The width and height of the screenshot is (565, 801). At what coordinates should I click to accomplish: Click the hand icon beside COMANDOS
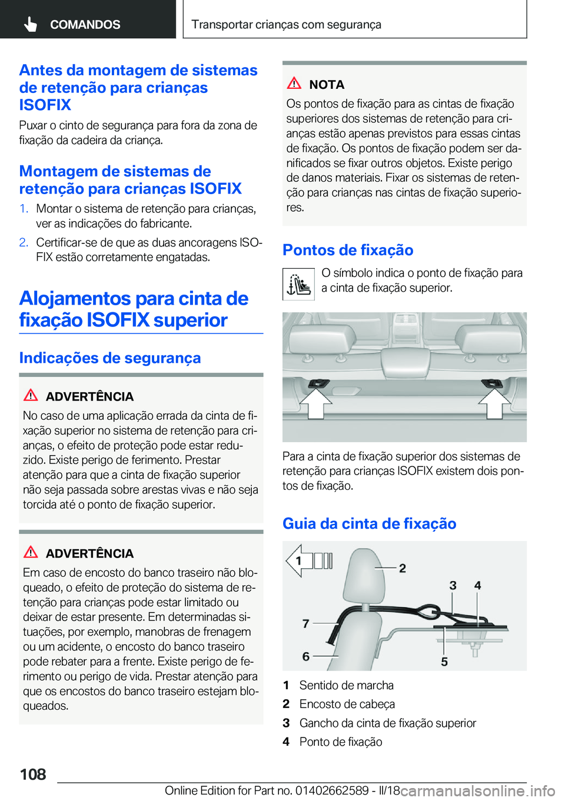point(31,24)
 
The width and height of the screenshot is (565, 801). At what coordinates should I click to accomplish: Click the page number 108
point(33,774)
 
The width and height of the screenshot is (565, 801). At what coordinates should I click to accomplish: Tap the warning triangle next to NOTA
point(294,84)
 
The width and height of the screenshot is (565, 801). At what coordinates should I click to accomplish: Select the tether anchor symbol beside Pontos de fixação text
point(298,285)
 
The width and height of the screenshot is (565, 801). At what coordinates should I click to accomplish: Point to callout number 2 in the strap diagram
point(403,568)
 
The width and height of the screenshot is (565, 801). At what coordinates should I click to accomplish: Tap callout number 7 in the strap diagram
point(305,623)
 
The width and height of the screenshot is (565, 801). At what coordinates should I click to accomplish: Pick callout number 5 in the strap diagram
point(444,662)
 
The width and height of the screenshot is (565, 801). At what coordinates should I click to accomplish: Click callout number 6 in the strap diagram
point(305,656)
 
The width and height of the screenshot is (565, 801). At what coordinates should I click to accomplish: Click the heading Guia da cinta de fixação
point(369,523)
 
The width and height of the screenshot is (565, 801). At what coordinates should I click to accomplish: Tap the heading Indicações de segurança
point(110,358)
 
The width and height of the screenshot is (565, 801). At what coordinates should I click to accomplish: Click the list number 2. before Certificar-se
point(24,242)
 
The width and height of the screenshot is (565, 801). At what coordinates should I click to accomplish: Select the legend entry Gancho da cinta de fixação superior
point(387,723)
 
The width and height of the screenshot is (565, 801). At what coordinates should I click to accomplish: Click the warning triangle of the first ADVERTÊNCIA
point(31,395)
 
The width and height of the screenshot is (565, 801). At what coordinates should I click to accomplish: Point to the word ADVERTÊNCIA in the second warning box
point(89,553)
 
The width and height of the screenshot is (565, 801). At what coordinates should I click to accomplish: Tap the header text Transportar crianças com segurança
point(286,24)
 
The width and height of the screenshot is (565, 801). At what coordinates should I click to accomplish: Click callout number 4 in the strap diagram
point(477,585)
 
